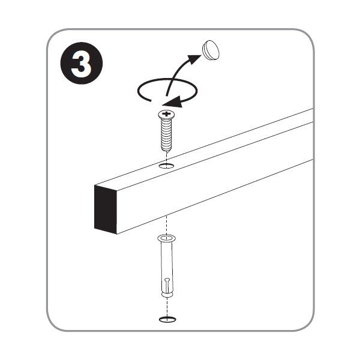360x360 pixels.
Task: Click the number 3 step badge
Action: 82,63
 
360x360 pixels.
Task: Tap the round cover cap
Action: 211,50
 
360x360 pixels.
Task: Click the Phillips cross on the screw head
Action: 167,113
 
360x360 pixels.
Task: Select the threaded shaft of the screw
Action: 166,134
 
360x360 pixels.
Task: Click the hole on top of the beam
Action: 167,166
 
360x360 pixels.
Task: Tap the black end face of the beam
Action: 106,209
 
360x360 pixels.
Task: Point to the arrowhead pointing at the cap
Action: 194,59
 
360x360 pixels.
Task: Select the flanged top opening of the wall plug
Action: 167,238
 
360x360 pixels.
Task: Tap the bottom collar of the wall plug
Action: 167,295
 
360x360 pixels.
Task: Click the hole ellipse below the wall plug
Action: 167,319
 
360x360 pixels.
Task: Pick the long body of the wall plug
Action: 167,266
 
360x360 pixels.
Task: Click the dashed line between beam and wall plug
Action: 167,226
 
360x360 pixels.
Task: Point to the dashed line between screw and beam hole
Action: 167,159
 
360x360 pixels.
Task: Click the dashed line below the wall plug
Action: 167,307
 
